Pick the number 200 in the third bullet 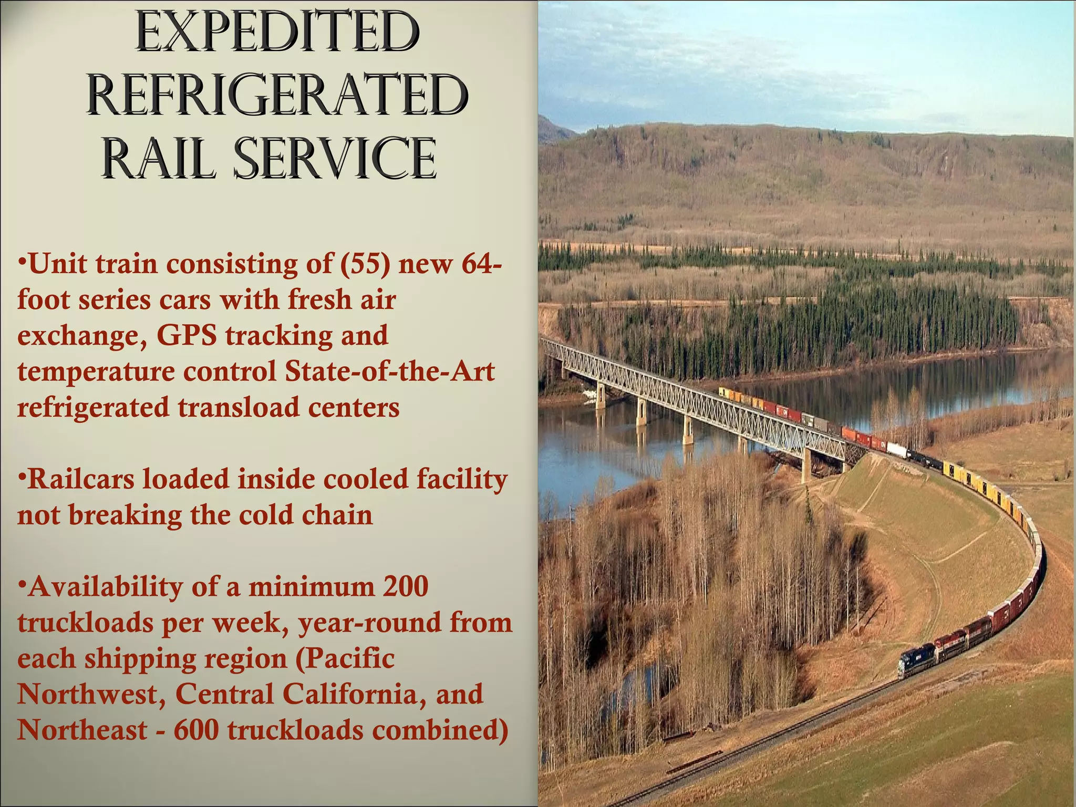point(406,586)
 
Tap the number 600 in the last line point(196,730)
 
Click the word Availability point(105,587)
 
